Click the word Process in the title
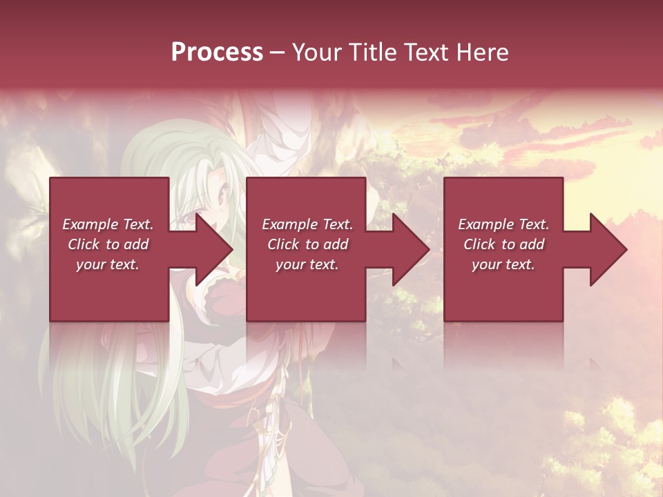coord(217,52)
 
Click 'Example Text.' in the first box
coord(108,224)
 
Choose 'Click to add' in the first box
coord(108,244)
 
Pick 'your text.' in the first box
coord(108,264)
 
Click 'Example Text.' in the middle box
coord(307,224)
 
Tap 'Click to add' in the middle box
coord(307,244)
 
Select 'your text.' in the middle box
coord(307,264)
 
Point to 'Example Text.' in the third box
coord(503,224)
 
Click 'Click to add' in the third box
coord(503,244)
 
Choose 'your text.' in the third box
coord(503,264)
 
